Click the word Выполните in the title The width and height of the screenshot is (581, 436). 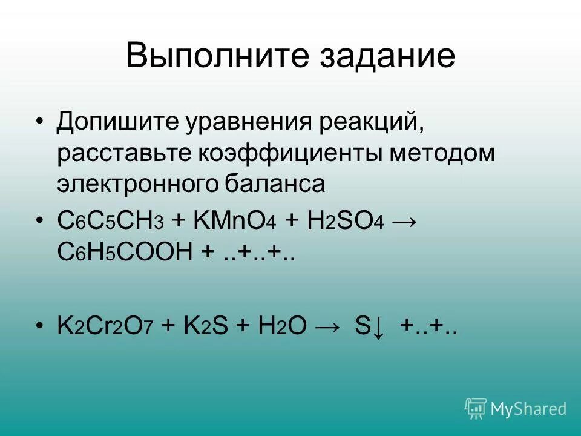pos(200,56)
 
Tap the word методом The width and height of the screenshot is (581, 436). pos(442,154)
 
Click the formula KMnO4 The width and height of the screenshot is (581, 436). pos(234,220)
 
